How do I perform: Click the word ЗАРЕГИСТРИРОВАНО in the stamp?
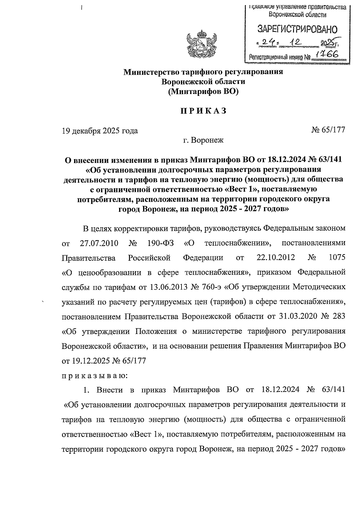point(297,29)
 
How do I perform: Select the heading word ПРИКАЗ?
point(203,111)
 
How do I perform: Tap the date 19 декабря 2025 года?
point(100,131)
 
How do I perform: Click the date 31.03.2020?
point(297,316)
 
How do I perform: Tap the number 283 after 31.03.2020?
point(338,316)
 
